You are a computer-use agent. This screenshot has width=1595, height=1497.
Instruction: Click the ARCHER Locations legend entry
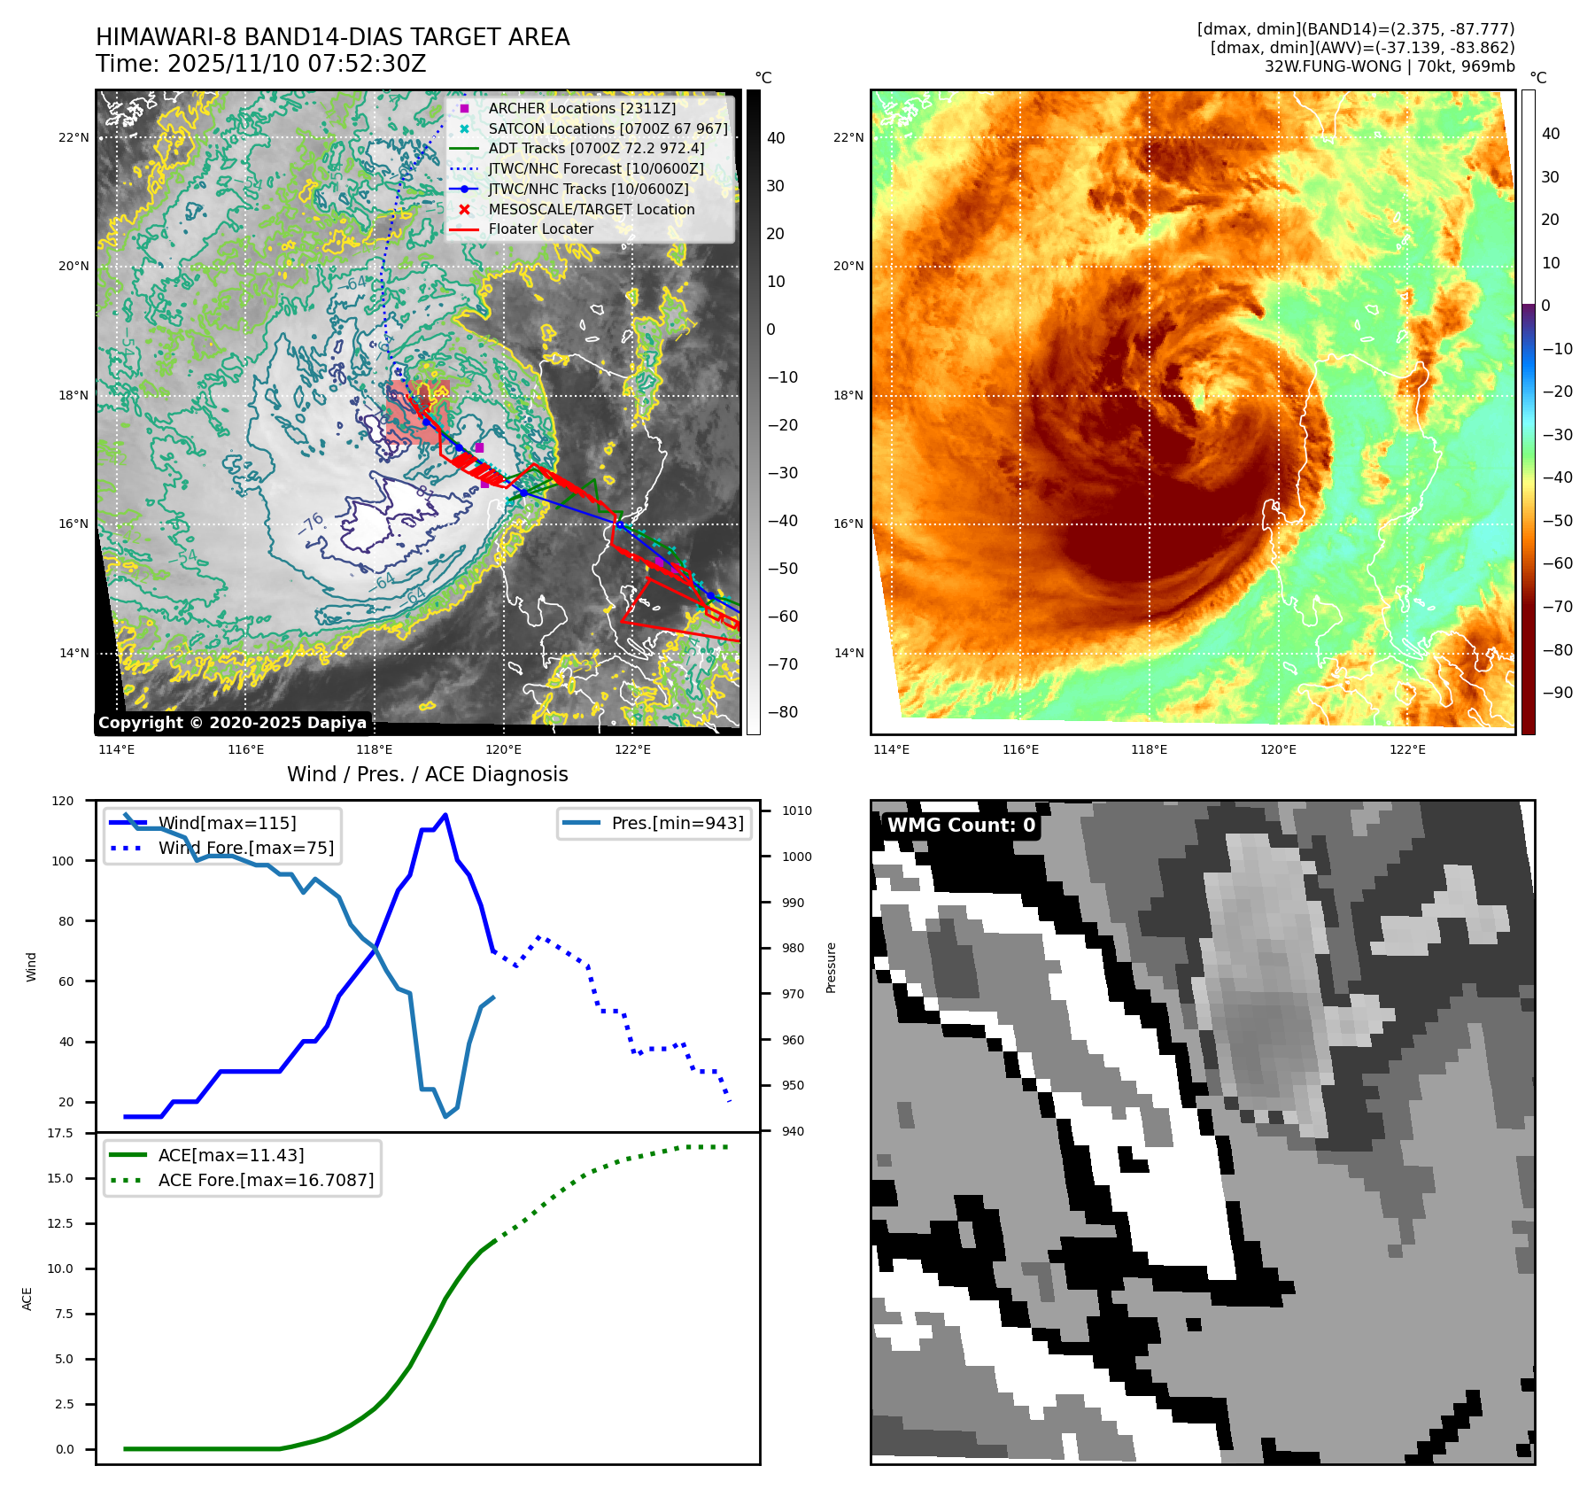(582, 108)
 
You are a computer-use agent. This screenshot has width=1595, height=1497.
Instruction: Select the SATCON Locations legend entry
(608, 128)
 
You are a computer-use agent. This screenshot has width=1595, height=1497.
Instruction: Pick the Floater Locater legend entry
(540, 229)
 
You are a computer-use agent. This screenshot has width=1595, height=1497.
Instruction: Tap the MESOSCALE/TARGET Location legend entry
(591, 209)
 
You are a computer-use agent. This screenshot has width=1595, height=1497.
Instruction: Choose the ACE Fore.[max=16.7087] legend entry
(266, 1180)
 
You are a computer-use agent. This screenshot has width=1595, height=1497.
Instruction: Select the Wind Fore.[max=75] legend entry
(245, 848)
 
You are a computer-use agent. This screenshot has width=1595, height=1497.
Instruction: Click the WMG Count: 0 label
(961, 826)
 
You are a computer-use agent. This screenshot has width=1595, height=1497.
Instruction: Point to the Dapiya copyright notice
(232, 723)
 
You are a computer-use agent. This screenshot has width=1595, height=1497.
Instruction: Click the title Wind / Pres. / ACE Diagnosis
(427, 774)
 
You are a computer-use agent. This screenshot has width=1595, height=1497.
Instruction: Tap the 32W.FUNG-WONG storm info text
(1389, 66)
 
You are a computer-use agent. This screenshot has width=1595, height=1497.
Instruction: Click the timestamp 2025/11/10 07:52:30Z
(297, 64)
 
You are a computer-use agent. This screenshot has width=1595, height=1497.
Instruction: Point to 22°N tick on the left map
(74, 137)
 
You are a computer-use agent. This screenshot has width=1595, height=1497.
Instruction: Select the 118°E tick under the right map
(1149, 749)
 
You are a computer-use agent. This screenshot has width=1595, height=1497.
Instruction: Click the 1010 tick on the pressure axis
(796, 811)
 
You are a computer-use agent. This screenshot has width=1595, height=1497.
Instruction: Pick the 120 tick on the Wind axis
(63, 801)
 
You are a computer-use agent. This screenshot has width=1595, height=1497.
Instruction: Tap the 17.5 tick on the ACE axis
(60, 1133)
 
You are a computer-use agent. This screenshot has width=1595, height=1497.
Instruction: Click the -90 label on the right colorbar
(1557, 693)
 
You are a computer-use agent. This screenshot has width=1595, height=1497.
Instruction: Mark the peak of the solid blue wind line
(445, 815)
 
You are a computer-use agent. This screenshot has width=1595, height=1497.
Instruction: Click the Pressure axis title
(831, 967)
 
